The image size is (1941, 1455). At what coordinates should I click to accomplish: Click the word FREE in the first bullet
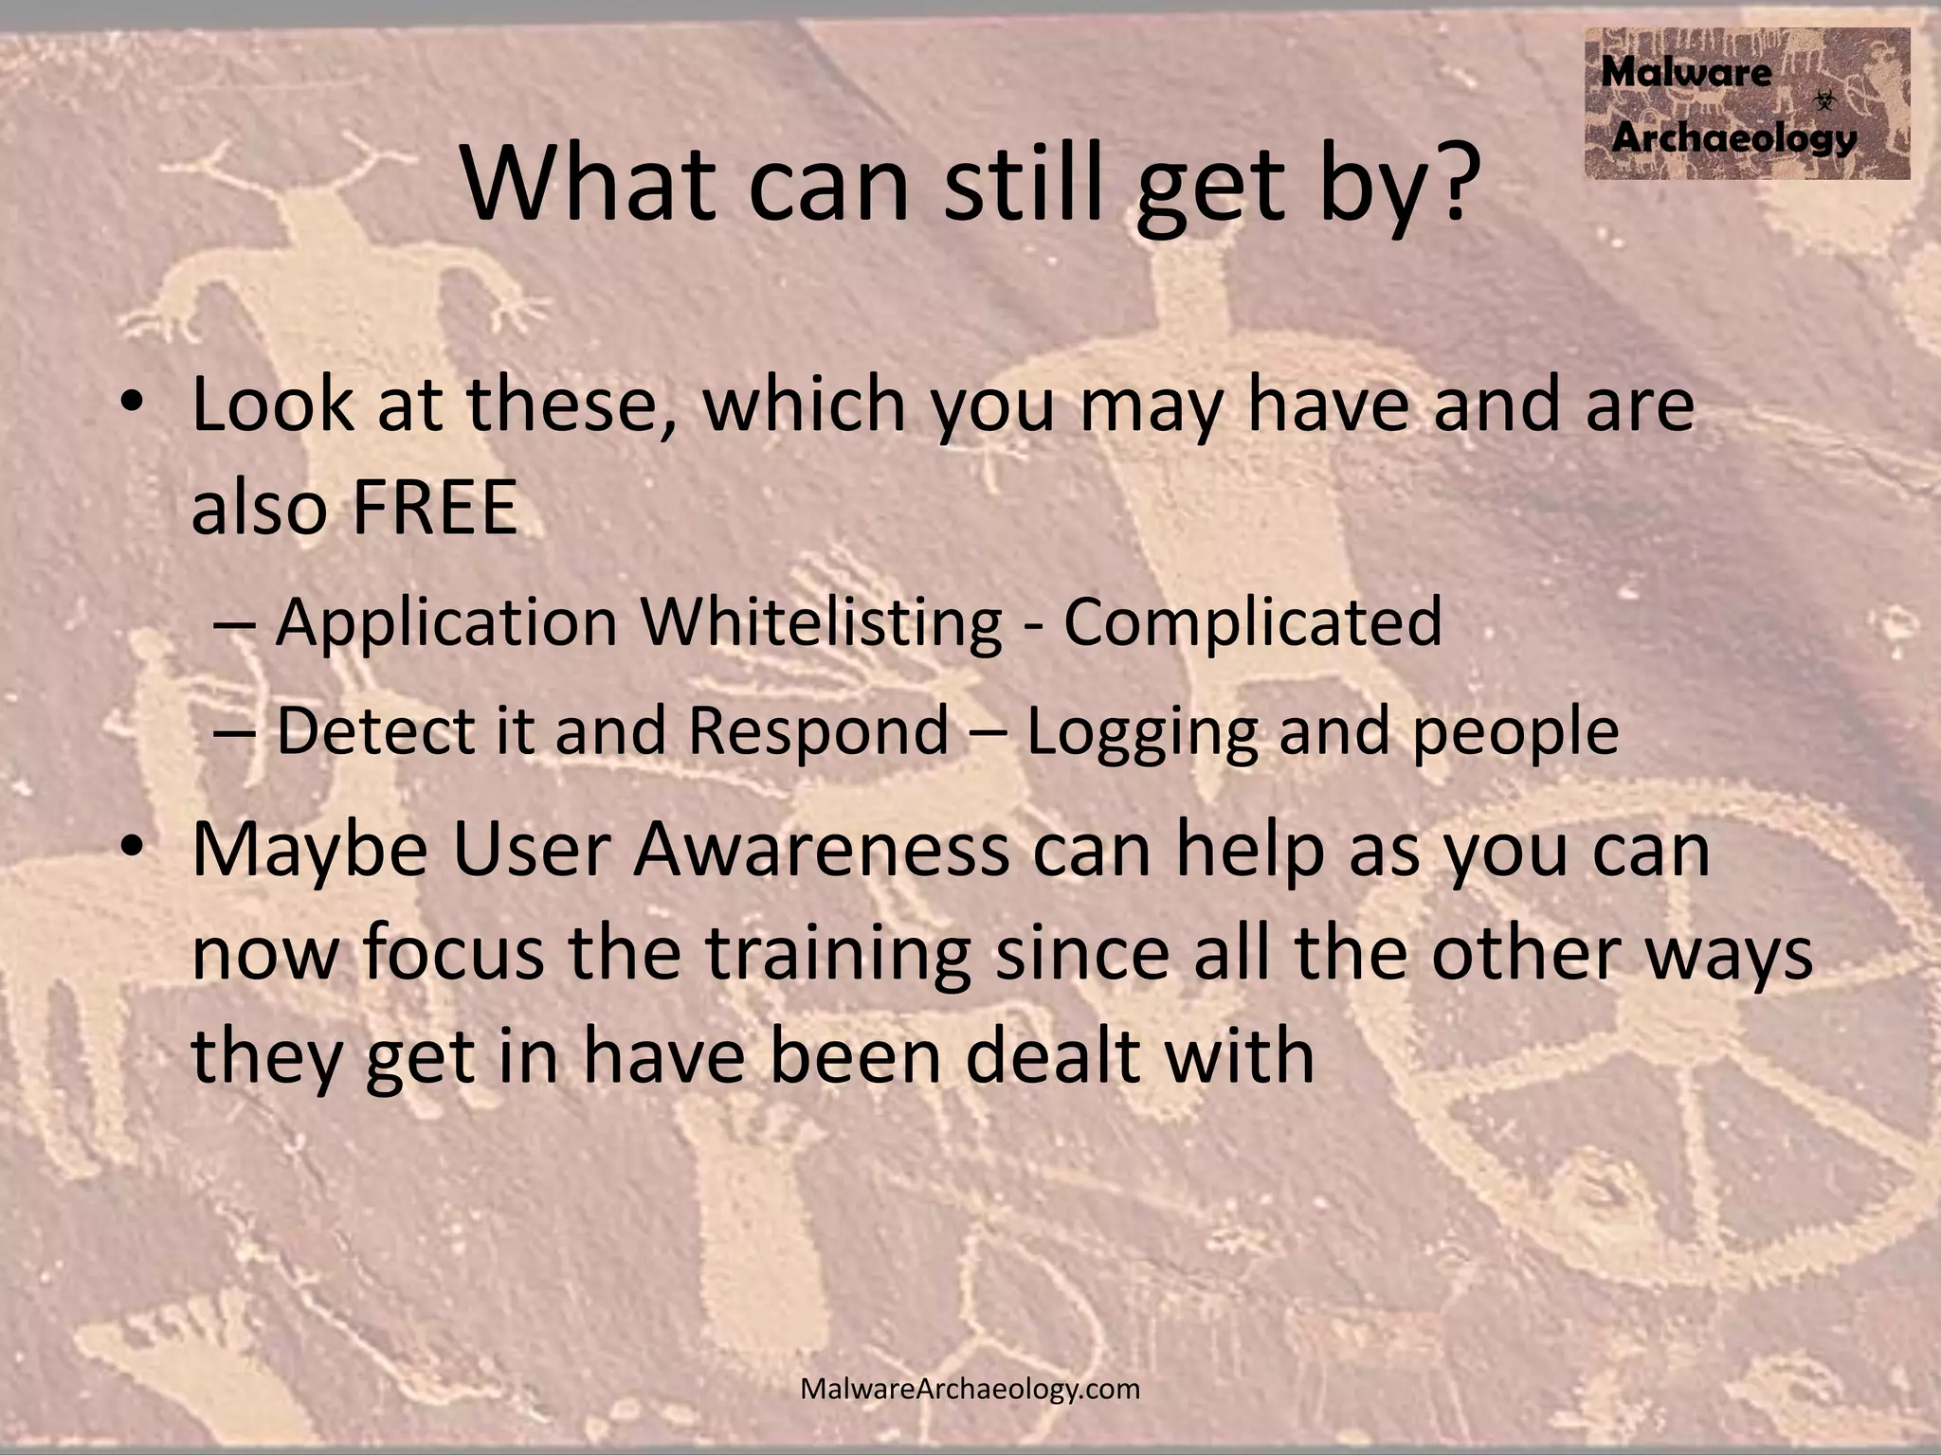[x=435, y=508]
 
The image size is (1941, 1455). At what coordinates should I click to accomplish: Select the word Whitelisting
[x=821, y=622]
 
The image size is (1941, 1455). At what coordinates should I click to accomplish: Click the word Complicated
[x=1252, y=622]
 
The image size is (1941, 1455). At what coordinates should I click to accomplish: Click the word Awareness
[x=822, y=850]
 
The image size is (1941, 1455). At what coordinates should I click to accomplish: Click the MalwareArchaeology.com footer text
[x=970, y=1390]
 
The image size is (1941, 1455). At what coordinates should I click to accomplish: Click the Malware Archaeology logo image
[x=1747, y=104]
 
